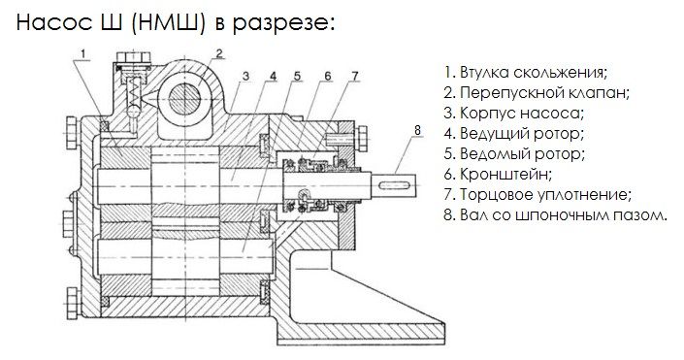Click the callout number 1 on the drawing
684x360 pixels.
pos(84,53)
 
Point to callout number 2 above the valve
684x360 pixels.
pos(219,53)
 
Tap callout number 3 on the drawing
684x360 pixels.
pos(246,76)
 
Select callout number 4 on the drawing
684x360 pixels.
pos(273,76)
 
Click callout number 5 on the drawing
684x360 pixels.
pos(297,76)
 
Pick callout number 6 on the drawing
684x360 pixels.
pos(328,76)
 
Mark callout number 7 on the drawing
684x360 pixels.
pos(355,76)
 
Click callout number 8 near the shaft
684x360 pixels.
pos(417,130)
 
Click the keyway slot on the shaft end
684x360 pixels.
pos(395,185)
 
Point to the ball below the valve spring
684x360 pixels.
pos(134,113)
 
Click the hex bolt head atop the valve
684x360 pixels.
pos(134,57)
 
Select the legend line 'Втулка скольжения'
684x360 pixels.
pos(526,72)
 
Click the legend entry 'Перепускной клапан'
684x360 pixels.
pos(537,92)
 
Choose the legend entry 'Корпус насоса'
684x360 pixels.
pos(514,113)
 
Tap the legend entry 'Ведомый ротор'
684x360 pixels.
pos(514,154)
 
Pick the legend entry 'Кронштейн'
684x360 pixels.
pos(498,175)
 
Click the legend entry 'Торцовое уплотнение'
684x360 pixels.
pos(537,195)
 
